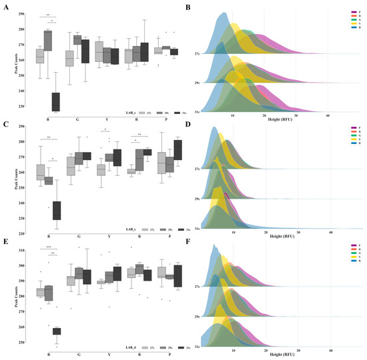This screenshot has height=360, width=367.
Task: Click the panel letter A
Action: (x=4, y=7)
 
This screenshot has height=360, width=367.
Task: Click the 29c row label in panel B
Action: (x=197, y=81)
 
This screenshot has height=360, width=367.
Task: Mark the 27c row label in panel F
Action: (x=197, y=285)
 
